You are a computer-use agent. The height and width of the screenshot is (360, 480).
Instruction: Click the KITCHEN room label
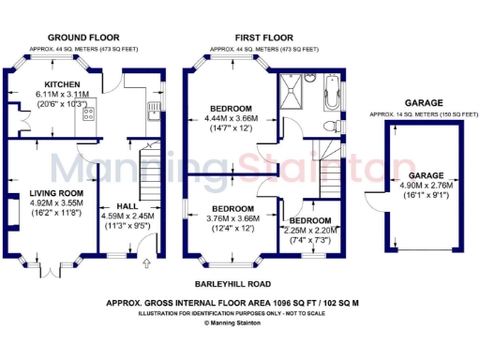click(48, 84)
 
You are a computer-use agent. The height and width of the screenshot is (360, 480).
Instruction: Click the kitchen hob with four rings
click(89, 114)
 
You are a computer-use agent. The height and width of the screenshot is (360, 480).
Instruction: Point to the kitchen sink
click(152, 113)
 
